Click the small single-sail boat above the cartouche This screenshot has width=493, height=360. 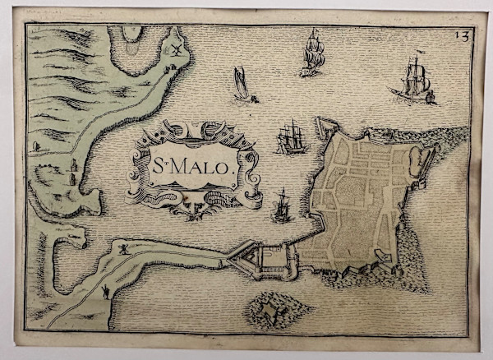[x=242, y=84]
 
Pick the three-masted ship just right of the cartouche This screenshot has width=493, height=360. [x=292, y=137]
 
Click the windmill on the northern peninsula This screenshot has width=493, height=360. [x=174, y=49]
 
